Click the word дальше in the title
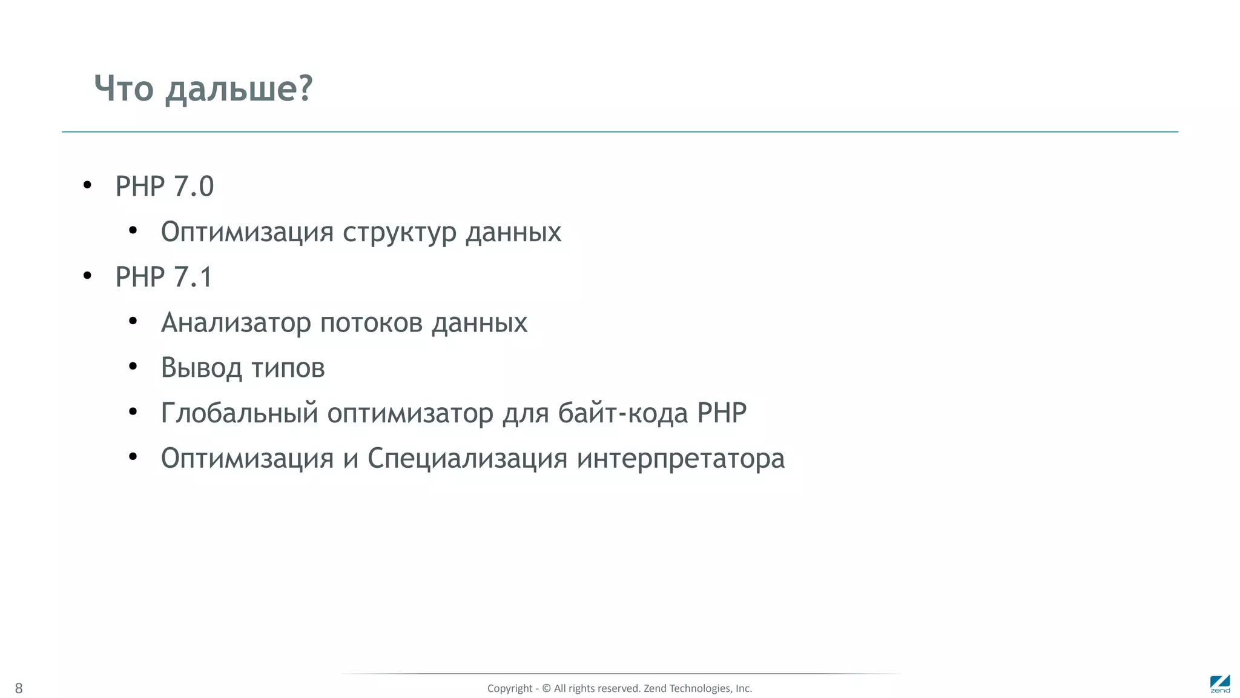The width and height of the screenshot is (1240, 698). click(239, 89)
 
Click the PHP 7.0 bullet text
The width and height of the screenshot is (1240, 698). click(164, 187)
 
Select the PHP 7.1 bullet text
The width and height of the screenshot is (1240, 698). click(163, 278)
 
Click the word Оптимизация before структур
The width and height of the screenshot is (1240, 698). click(247, 232)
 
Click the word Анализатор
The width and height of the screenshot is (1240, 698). click(236, 323)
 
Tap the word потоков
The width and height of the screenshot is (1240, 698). click(371, 323)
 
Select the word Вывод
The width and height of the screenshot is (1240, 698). click(201, 368)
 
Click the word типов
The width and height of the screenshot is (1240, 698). click(288, 368)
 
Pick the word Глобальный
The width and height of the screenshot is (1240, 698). click(239, 413)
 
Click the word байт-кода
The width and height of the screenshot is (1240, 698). click(622, 413)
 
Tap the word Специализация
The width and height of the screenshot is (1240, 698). click(467, 459)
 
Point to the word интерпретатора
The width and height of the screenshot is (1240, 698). click(681, 459)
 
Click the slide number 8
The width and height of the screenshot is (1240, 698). click(19, 688)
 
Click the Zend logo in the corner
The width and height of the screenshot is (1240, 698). click(1220, 683)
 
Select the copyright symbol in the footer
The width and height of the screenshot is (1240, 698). click(546, 688)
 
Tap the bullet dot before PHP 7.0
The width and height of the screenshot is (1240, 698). click(87, 185)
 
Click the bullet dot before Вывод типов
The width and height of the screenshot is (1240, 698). click(133, 366)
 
